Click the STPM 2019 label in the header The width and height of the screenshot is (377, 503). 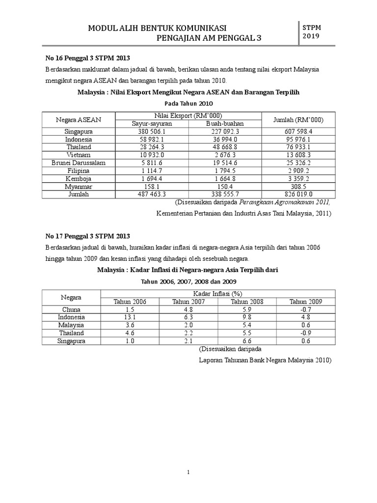point(312,32)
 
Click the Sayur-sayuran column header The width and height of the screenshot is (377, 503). point(152,124)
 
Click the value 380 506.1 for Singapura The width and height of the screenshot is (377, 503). point(152,132)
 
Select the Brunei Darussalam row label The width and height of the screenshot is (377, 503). point(79,163)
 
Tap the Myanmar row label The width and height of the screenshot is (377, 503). point(79,186)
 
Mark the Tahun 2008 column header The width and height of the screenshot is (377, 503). point(247,302)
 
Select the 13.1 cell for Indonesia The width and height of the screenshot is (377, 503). point(130,317)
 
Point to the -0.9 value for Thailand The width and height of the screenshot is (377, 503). point(305,333)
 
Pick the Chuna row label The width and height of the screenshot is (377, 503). point(71,309)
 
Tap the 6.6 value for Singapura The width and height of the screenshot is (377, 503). point(247,341)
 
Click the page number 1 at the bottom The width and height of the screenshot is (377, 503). point(188,473)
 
